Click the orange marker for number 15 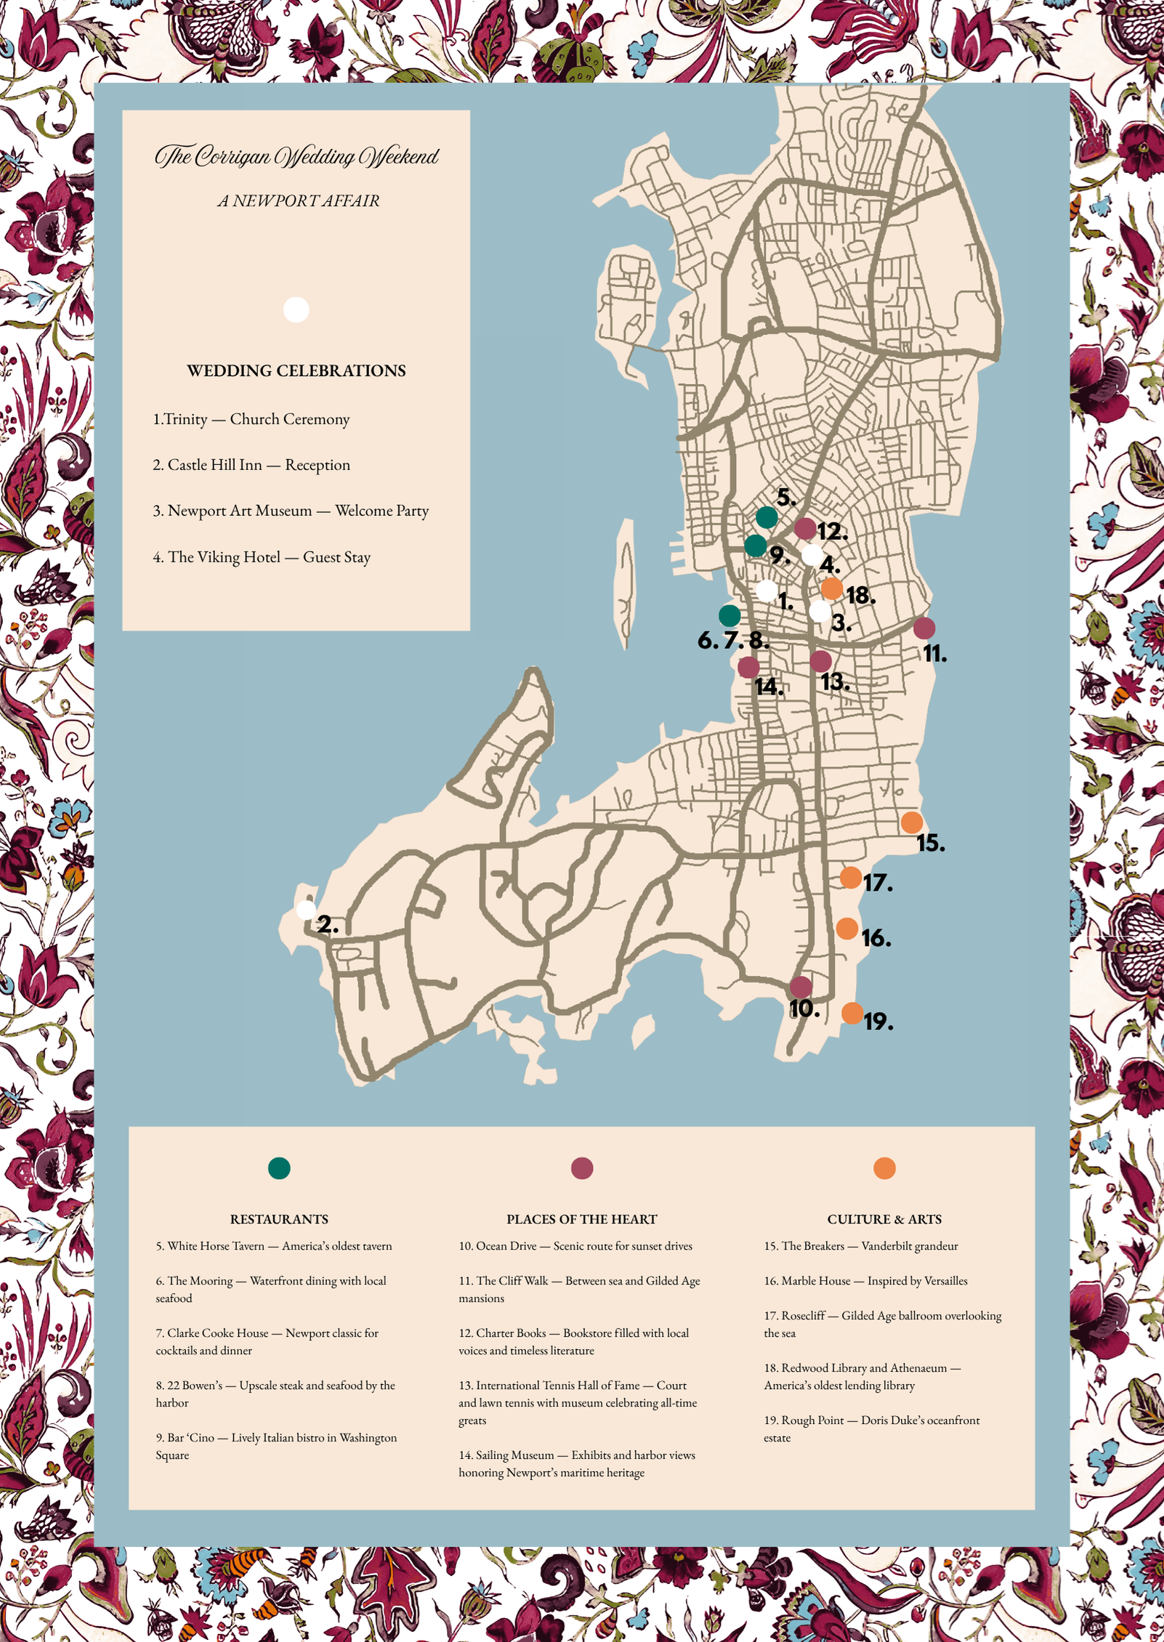pos(911,822)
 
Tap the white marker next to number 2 pos(306,909)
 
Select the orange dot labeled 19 pos(852,1013)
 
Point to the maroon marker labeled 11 pos(923,628)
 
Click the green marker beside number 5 pos(767,517)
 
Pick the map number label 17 pos(877,883)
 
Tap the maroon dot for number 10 pos(801,987)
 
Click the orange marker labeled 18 pos(831,588)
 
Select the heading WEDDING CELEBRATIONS pos(296,371)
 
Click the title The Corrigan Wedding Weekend pos(296,155)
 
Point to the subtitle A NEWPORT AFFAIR pos(298,201)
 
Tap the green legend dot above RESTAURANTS pos(279,1168)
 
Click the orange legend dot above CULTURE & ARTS pos(884,1168)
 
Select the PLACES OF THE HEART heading pos(581,1219)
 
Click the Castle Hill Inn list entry pos(251,465)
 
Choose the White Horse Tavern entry pos(273,1246)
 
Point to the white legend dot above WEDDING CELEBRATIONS pos(296,310)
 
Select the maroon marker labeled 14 pos(748,666)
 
